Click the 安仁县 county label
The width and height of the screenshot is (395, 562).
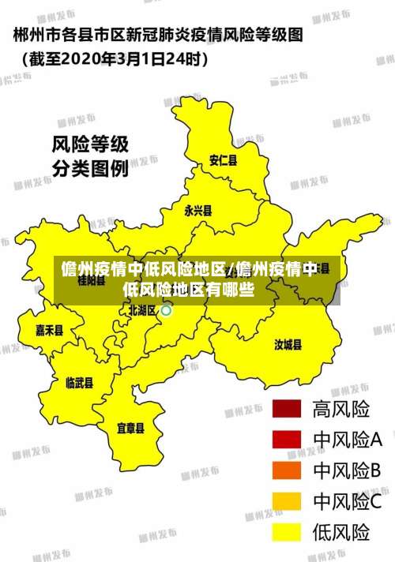point(223,160)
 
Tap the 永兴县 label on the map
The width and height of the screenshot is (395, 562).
point(198,211)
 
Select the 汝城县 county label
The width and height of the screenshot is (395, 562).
point(288,344)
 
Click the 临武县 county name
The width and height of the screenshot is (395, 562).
point(79,383)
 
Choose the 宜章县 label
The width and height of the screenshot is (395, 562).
point(130,429)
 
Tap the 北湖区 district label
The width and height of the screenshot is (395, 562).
point(142,311)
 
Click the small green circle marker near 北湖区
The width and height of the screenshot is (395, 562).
point(166,311)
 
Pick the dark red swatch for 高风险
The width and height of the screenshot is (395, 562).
point(287,409)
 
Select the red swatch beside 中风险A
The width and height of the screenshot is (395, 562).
point(287,440)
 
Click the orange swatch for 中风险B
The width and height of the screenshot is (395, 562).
point(287,470)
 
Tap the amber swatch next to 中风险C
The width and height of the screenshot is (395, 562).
point(287,501)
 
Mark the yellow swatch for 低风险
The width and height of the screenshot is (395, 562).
point(287,531)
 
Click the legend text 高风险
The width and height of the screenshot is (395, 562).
point(341,409)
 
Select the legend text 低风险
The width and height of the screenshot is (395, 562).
point(341,531)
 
